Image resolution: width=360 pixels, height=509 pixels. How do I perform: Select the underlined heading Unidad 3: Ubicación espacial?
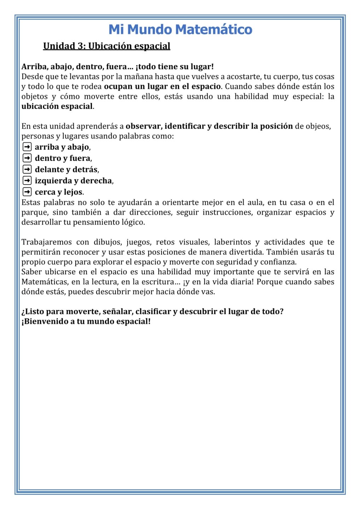(106, 46)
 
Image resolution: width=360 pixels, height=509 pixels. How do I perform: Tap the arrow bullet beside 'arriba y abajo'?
(27, 147)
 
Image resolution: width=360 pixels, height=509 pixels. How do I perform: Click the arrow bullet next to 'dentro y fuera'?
(27, 158)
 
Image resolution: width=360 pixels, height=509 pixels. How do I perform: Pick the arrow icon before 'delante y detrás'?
(27, 169)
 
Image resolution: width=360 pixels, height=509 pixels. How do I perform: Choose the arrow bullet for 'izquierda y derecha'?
(27, 181)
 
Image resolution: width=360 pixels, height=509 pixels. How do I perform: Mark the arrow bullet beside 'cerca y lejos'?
(27, 192)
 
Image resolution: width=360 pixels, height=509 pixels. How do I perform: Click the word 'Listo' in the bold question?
(35, 311)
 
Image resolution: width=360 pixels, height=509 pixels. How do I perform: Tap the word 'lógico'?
(133, 222)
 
